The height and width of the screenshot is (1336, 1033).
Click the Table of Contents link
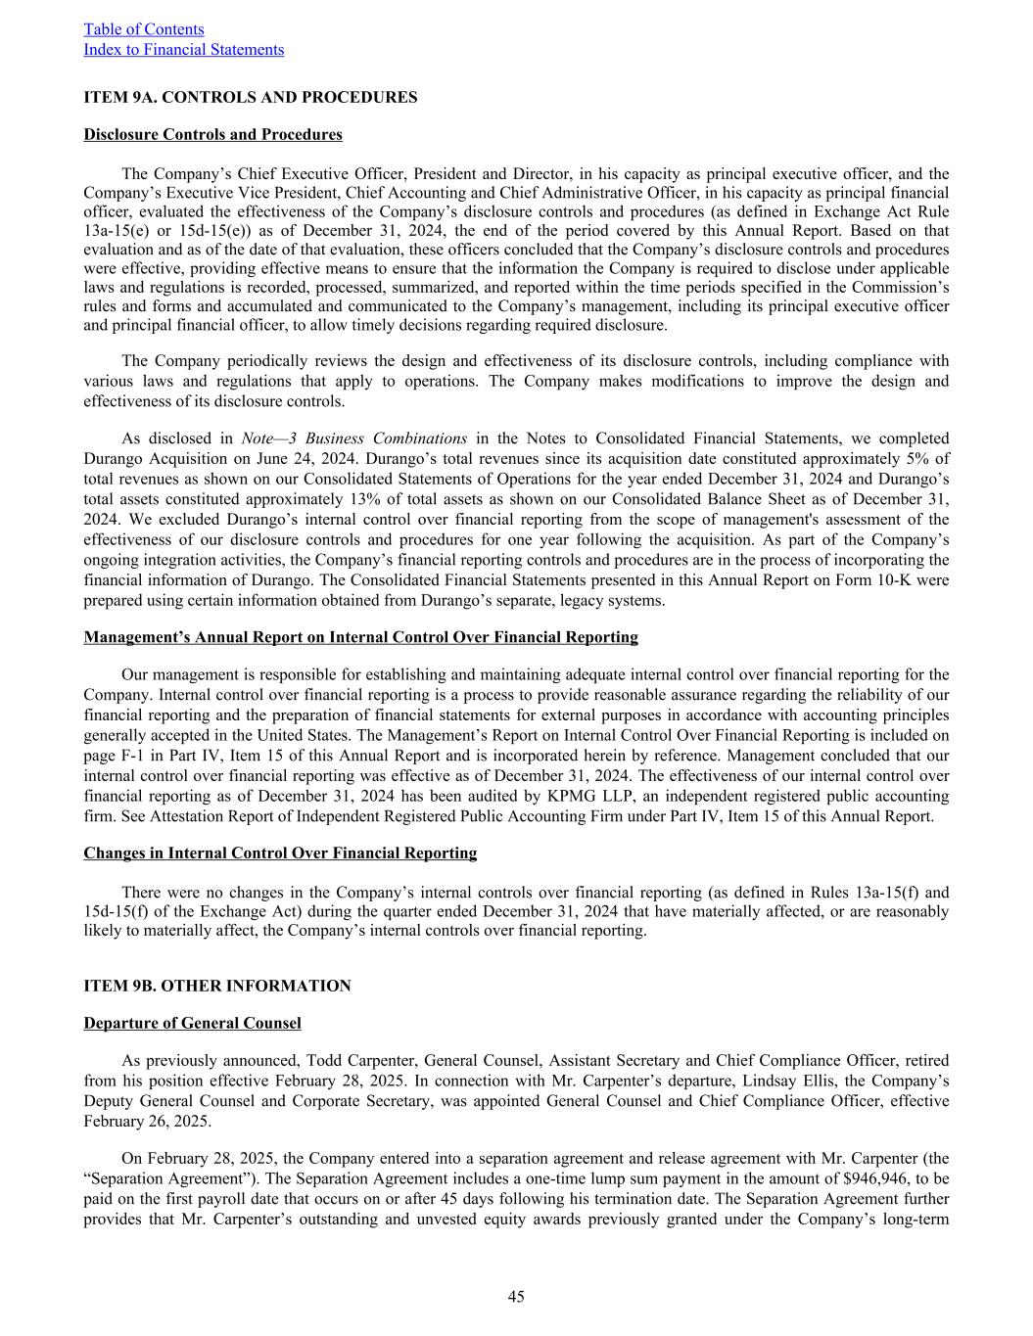pyautogui.click(x=144, y=29)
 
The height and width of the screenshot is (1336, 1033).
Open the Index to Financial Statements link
pyautogui.click(x=183, y=49)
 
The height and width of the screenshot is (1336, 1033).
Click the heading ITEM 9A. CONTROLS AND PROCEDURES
pyautogui.click(x=250, y=97)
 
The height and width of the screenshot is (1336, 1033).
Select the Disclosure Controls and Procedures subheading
pyautogui.click(x=212, y=134)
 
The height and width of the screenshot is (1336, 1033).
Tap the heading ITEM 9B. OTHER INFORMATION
pyautogui.click(x=216, y=986)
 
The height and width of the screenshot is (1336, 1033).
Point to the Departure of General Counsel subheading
pyautogui.click(x=192, y=1023)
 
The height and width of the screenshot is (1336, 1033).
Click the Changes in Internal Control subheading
pyautogui.click(x=280, y=852)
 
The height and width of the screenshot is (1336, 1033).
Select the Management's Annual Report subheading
pyautogui.click(x=360, y=637)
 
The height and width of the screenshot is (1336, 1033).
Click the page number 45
pyautogui.click(x=516, y=1297)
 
